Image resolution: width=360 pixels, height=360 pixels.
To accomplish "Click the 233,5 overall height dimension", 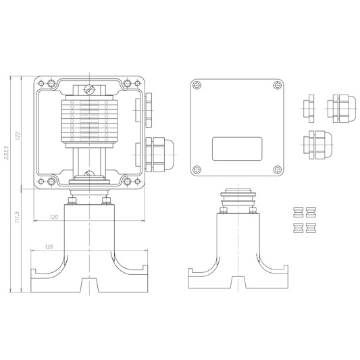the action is click(x=6, y=152).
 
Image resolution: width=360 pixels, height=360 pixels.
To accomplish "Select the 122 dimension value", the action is click(x=18, y=136).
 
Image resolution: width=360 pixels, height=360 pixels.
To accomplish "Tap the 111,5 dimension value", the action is click(x=17, y=217).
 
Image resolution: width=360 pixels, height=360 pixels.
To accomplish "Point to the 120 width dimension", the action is click(x=54, y=217).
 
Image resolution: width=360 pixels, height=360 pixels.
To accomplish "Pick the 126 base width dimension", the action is click(x=49, y=247).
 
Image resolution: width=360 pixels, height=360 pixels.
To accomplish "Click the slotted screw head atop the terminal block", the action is click(x=89, y=89).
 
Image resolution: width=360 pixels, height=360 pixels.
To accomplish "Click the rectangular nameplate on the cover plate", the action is click(x=237, y=149).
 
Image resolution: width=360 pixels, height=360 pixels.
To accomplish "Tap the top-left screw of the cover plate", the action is click(x=197, y=85).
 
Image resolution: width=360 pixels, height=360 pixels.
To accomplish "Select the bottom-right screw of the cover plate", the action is click(x=278, y=170).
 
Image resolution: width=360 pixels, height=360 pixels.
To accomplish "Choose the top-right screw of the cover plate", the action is click(x=278, y=85).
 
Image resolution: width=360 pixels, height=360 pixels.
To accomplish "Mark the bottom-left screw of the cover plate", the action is click(x=197, y=170).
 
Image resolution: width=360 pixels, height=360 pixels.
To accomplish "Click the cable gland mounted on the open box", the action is click(x=160, y=155).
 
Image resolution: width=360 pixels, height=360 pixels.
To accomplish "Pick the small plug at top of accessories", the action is click(x=309, y=108).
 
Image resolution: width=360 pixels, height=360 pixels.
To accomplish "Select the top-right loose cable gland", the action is click(x=342, y=108).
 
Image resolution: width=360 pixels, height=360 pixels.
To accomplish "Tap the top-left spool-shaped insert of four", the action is click(x=299, y=212).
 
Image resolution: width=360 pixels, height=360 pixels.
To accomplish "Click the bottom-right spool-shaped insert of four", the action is click(x=311, y=228).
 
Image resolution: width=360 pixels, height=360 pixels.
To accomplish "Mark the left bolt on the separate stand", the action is click(x=224, y=210).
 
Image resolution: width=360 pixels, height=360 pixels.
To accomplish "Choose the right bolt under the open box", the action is click(x=107, y=201).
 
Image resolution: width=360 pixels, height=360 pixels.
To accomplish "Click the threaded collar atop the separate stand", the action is click(x=238, y=197).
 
